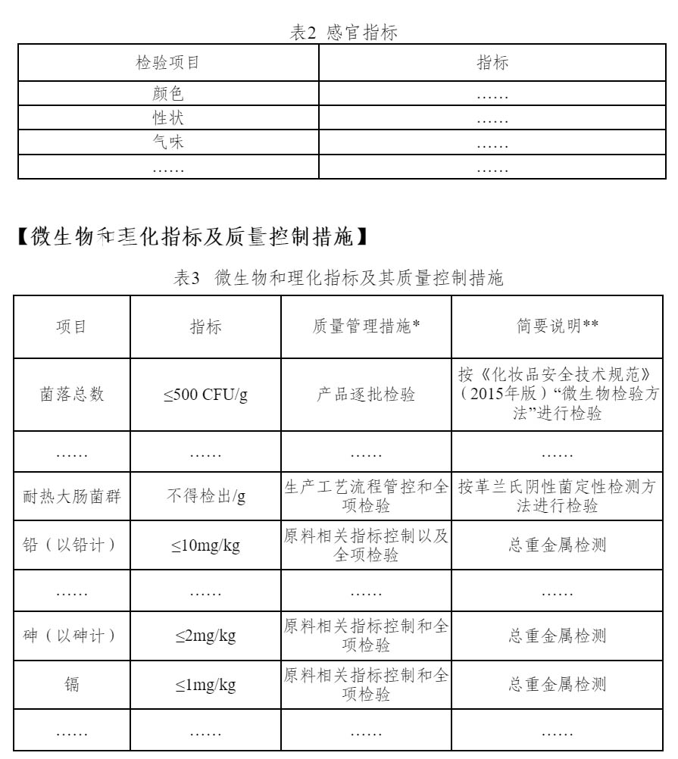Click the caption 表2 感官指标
[344, 33]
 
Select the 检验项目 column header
[167, 63]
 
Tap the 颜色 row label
[167, 94]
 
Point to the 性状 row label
[167, 118]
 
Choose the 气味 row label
[167, 142]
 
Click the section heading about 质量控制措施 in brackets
[193, 237]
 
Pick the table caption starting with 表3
[338, 278]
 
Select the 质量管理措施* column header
[366, 326]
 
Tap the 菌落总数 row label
[72, 395]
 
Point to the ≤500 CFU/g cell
[205, 395]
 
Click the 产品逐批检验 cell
[366, 395]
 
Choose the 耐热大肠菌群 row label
[72, 497]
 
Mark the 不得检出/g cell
[205, 497]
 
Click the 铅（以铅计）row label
[72, 545]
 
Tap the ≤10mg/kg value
[205, 546]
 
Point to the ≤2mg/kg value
[205, 636]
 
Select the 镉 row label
[72, 685]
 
